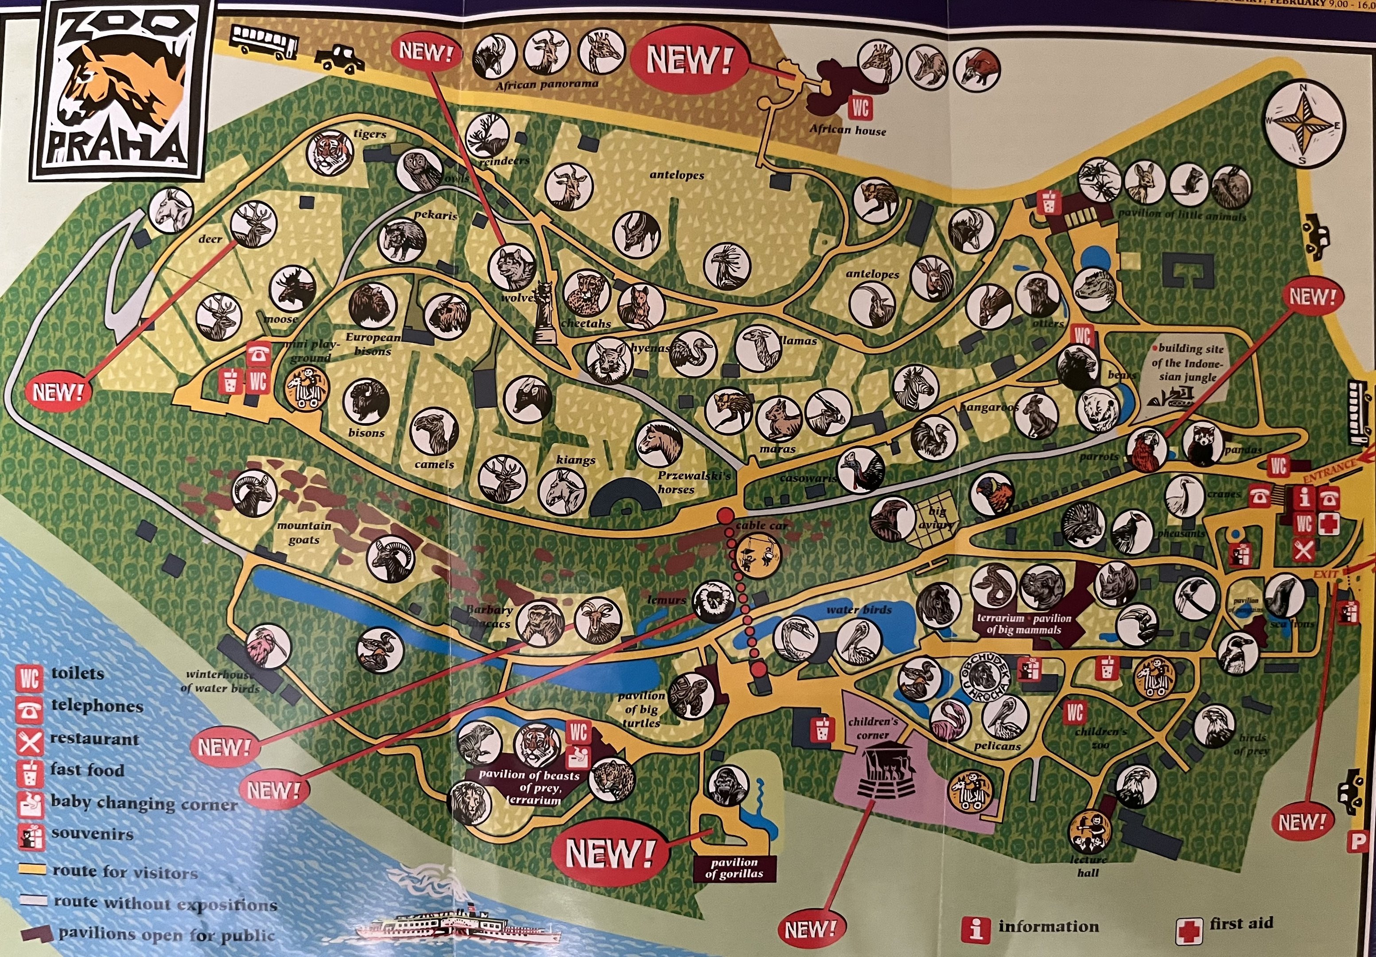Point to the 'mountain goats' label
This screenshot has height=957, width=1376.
point(304,533)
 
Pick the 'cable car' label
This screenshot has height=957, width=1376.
point(761,525)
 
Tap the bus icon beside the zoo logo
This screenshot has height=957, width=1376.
point(264,41)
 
